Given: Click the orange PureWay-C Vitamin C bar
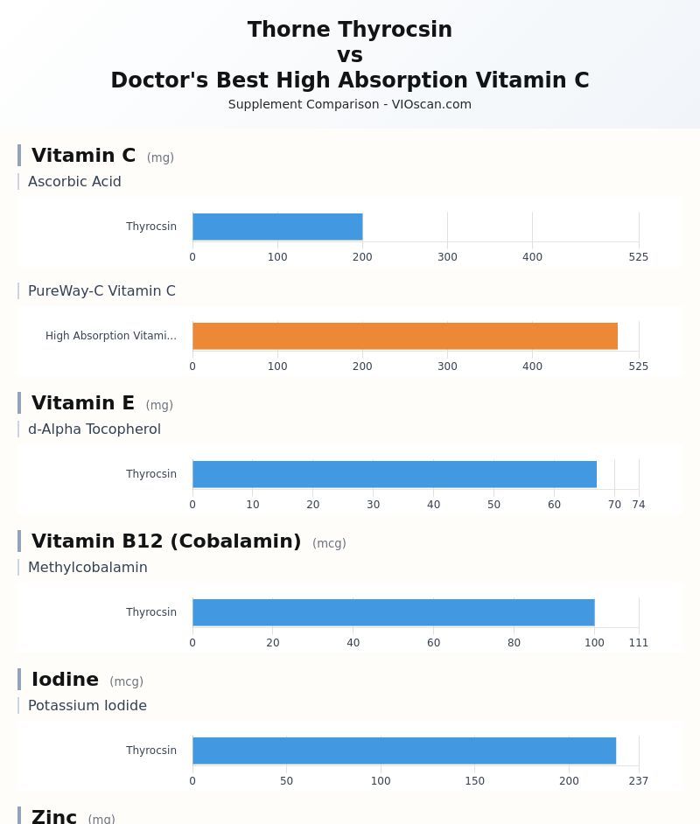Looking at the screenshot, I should coord(405,336).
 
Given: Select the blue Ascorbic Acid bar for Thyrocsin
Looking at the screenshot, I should coord(277,227).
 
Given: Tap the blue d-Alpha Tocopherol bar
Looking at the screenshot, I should coord(395,474).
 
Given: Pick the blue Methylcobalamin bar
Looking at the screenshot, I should coord(394,612).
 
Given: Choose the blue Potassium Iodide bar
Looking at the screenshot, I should coord(404,751).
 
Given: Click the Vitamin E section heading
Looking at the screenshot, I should coord(83,403).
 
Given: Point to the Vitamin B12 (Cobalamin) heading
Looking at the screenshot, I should coord(166,541).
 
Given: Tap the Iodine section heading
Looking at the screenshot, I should coord(65,680).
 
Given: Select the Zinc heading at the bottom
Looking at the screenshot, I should coord(54,816).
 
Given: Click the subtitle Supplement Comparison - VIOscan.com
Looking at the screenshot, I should coord(350,104).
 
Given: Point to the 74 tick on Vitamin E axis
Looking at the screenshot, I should coord(639,505).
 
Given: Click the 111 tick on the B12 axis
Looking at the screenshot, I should coord(639,643).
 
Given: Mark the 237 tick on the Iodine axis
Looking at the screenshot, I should coord(639,781).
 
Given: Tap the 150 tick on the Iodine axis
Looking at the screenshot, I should coord(474,781).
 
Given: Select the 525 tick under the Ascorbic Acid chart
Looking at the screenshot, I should coord(639,257).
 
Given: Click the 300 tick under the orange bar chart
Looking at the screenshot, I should coord(447,367).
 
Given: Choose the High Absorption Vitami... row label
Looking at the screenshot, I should coord(111,336).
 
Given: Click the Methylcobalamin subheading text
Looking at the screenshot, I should coord(87,568).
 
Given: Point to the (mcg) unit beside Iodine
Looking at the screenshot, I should coord(126,681).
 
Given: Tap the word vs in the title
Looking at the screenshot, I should coord(350,55).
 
